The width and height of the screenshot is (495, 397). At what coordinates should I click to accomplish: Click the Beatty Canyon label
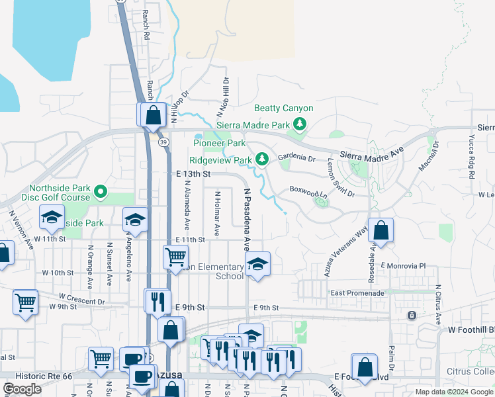pyautogui.click(x=284, y=109)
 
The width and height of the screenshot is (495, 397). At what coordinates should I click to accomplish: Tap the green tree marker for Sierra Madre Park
pyautogui.click(x=300, y=124)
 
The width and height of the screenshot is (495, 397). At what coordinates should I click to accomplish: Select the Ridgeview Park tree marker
pyautogui.click(x=262, y=159)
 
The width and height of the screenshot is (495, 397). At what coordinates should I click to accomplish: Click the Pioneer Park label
pyautogui.click(x=219, y=143)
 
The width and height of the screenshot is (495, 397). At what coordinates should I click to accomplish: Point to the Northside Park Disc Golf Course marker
pyautogui.click(x=101, y=192)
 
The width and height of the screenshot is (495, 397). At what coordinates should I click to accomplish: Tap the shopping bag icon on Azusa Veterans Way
pyautogui.click(x=381, y=231)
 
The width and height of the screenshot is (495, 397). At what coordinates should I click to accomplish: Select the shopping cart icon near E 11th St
pyautogui.click(x=175, y=256)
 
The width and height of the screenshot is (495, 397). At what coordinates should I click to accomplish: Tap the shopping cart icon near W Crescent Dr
pyautogui.click(x=25, y=302)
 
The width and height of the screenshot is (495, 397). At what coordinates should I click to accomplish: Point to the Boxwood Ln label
pyautogui.click(x=309, y=192)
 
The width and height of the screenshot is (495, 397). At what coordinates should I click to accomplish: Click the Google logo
pyautogui.click(x=22, y=389)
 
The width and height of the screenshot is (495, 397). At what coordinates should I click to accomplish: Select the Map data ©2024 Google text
pyautogui.click(x=453, y=392)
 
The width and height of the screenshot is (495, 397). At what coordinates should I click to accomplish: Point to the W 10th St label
pyautogui.click(x=58, y=273)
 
